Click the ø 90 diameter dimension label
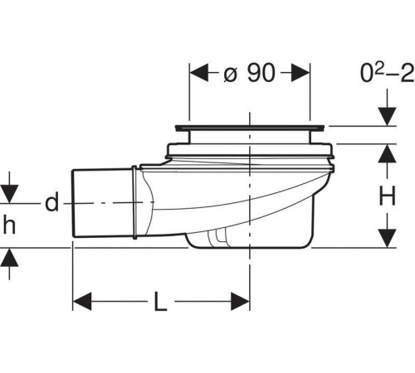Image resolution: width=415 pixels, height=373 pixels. [x=249, y=73]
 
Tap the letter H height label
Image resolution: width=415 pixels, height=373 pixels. [x=387, y=196]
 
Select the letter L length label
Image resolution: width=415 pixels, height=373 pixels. [x=160, y=302]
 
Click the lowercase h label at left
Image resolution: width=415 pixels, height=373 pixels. [x=9, y=225]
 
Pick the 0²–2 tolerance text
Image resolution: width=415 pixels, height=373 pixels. [x=387, y=73]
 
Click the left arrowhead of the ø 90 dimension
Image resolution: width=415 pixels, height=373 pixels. [x=199, y=73]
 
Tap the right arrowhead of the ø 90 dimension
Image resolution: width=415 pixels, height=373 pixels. [x=300, y=73]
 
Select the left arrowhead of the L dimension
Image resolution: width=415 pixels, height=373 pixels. [x=82, y=302]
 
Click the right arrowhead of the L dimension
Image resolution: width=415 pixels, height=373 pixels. [x=241, y=302]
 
